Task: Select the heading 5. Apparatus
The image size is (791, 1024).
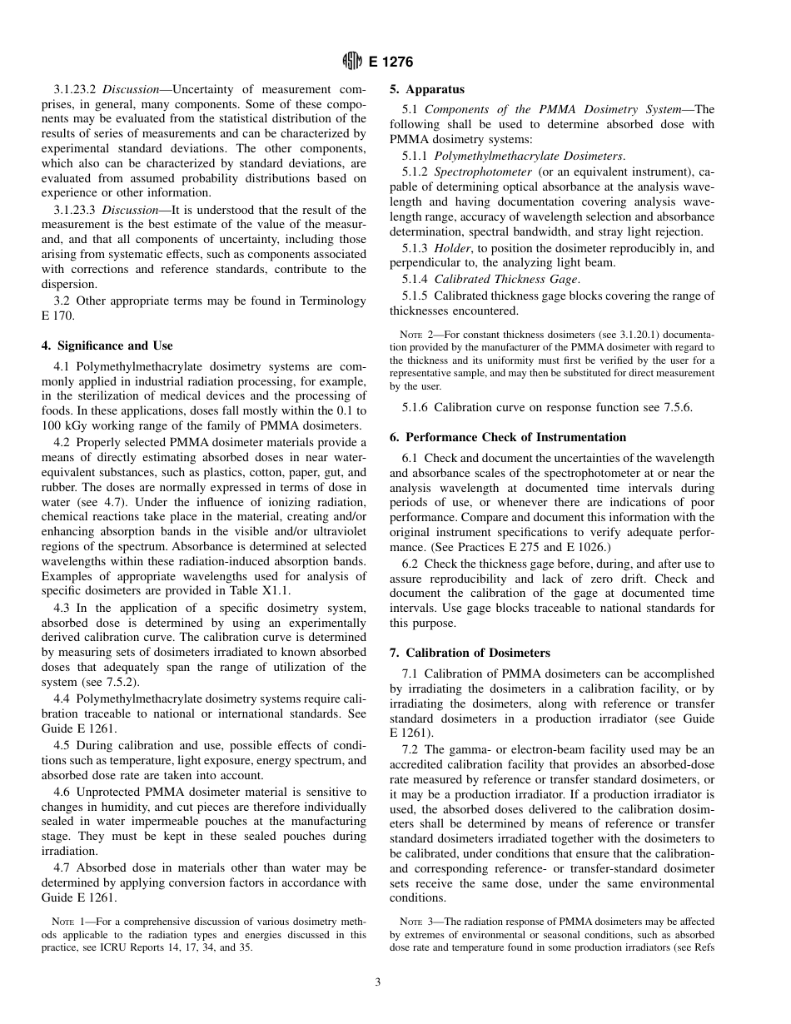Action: coord(427,89)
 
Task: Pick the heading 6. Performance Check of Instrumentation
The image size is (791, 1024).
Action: coord(508,437)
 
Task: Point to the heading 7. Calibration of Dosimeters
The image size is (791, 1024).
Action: coord(470,653)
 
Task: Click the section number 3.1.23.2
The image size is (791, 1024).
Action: coord(75,89)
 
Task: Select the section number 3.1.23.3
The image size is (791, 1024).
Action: coord(75,210)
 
